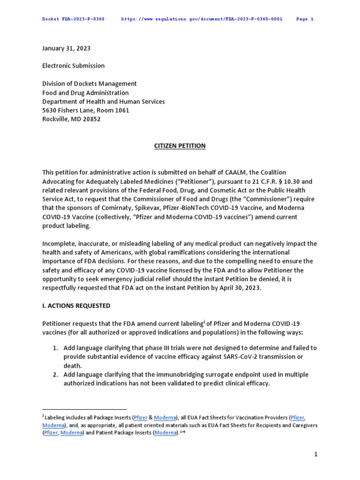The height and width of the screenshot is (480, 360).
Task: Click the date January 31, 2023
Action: (x=66, y=48)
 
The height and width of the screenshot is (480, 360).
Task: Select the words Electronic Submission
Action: (x=74, y=66)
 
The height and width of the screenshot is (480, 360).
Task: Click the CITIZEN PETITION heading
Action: (x=180, y=146)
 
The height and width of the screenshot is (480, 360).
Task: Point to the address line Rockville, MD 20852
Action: (x=71, y=119)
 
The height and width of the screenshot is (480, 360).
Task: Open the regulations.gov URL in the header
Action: (x=202, y=19)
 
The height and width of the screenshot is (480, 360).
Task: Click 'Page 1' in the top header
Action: (x=305, y=19)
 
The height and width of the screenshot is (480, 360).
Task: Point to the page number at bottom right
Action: (x=316, y=454)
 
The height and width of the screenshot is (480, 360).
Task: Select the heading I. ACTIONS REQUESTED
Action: (x=76, y=306)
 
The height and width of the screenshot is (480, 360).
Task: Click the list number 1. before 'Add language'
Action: (x=55, y=348)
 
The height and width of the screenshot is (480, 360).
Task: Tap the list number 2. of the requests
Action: (x=55, y=375)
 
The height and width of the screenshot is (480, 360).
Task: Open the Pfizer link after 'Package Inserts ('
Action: (x=141, y=417)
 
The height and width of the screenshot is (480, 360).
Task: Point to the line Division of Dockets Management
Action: (x=90, y=83)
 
